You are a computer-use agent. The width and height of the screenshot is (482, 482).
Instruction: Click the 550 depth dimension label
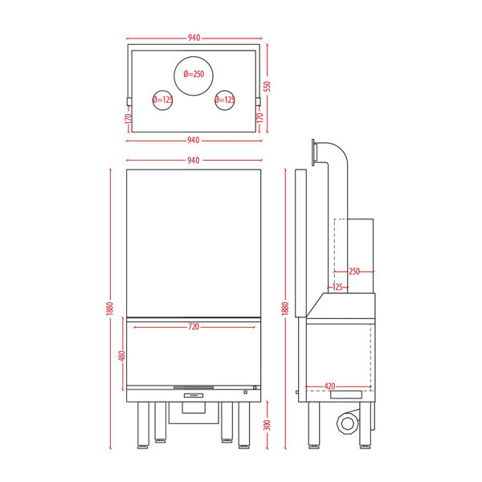(x=268, y=87)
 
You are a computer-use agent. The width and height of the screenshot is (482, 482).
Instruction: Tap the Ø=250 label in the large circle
(x=194, y=74)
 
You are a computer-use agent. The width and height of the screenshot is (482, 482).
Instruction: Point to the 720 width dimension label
(x=194, y=326)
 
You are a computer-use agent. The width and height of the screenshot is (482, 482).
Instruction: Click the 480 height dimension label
(x=122, y=356)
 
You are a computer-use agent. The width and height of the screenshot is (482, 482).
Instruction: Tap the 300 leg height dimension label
(x=268, y=425)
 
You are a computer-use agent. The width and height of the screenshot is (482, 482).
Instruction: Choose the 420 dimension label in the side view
(x=330, y=386)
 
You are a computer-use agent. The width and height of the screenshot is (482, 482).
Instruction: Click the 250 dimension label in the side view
(x=354, y=272)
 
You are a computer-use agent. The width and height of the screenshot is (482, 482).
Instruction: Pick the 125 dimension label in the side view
(x=337, y=287)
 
